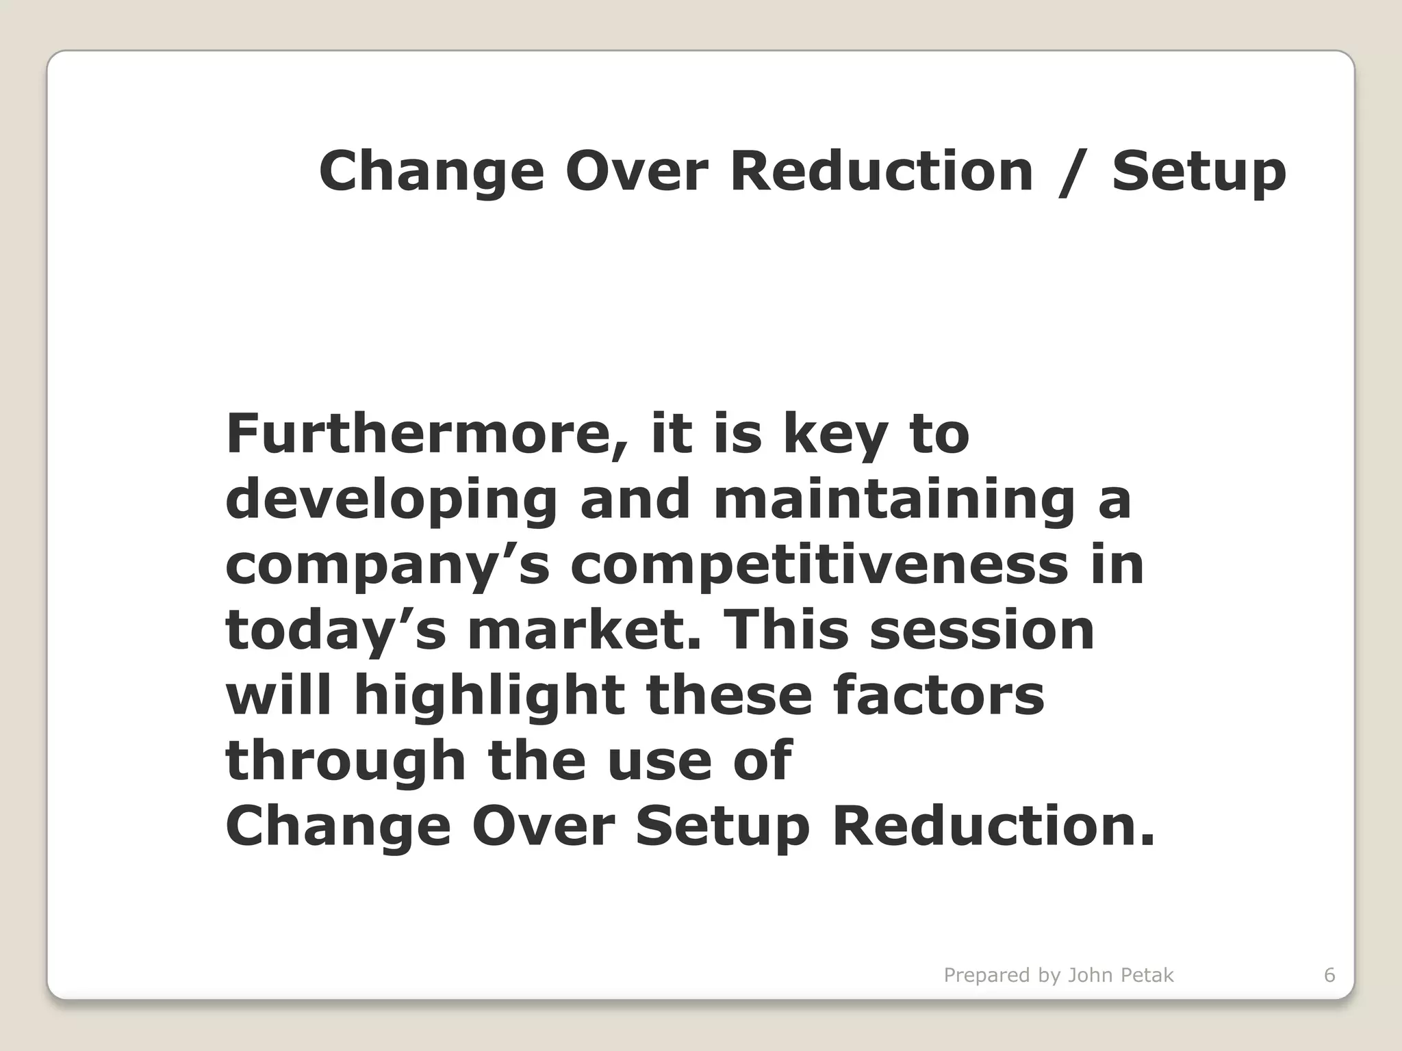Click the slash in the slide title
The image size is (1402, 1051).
[x=1071, y=172]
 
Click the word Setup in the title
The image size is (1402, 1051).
[x=1199, y=172]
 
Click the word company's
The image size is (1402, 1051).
[x=387, y=568]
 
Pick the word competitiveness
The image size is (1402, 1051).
[x=819, y=568]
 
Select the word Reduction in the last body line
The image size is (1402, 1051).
[x=993, y=827]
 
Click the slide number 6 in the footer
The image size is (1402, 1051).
[x=1329, y=975]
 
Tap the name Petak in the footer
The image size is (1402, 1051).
[x=1146, y=975]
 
